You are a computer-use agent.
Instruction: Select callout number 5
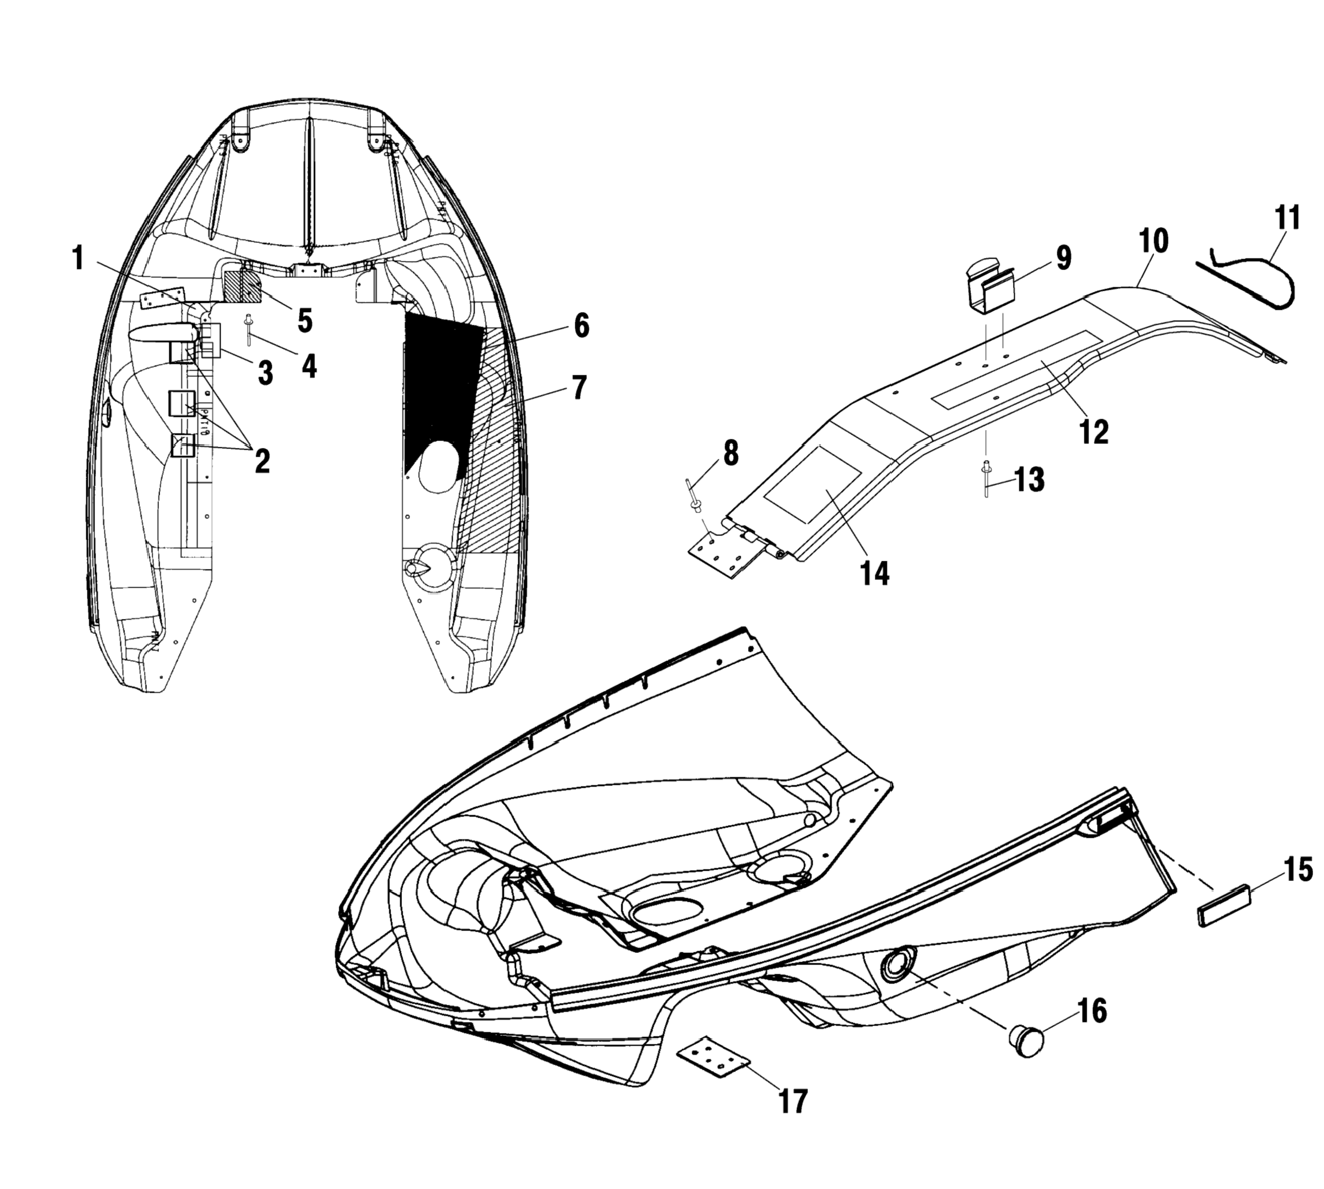pyautogui.click(x=305, y=320)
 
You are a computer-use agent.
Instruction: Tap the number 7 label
pyautogui.click(x=578, y=388)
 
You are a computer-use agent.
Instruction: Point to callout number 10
pyautogui.click(x=1153, y=241)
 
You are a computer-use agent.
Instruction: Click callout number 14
pyautogui.click(x=874, y=573)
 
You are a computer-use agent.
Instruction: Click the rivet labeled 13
pyautogui.click(x=985, y=481)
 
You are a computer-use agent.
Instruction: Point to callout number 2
pyautogui.click(x=262, y=461)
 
